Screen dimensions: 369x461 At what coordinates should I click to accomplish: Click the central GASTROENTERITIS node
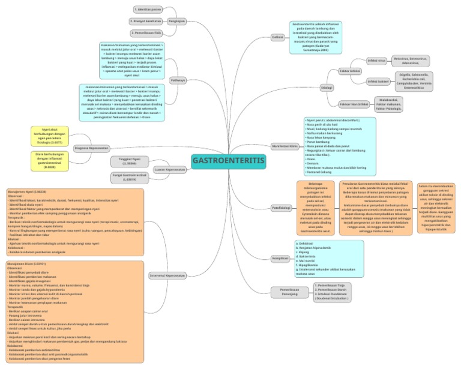coord(228,160)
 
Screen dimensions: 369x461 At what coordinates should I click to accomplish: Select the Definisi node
coord(278,37)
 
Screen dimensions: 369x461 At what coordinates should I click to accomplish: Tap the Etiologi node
coord(327,86)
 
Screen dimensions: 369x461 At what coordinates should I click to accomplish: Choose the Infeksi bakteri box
coord(378,80)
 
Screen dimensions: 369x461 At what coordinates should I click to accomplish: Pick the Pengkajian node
coord(176,20)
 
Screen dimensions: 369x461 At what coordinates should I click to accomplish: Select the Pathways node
coord(178,80)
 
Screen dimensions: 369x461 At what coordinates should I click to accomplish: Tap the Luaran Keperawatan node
coord(169,170)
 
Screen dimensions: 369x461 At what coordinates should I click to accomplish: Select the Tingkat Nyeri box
coord(129,161)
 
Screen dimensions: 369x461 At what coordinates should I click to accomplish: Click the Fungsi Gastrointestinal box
coord(129,178)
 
